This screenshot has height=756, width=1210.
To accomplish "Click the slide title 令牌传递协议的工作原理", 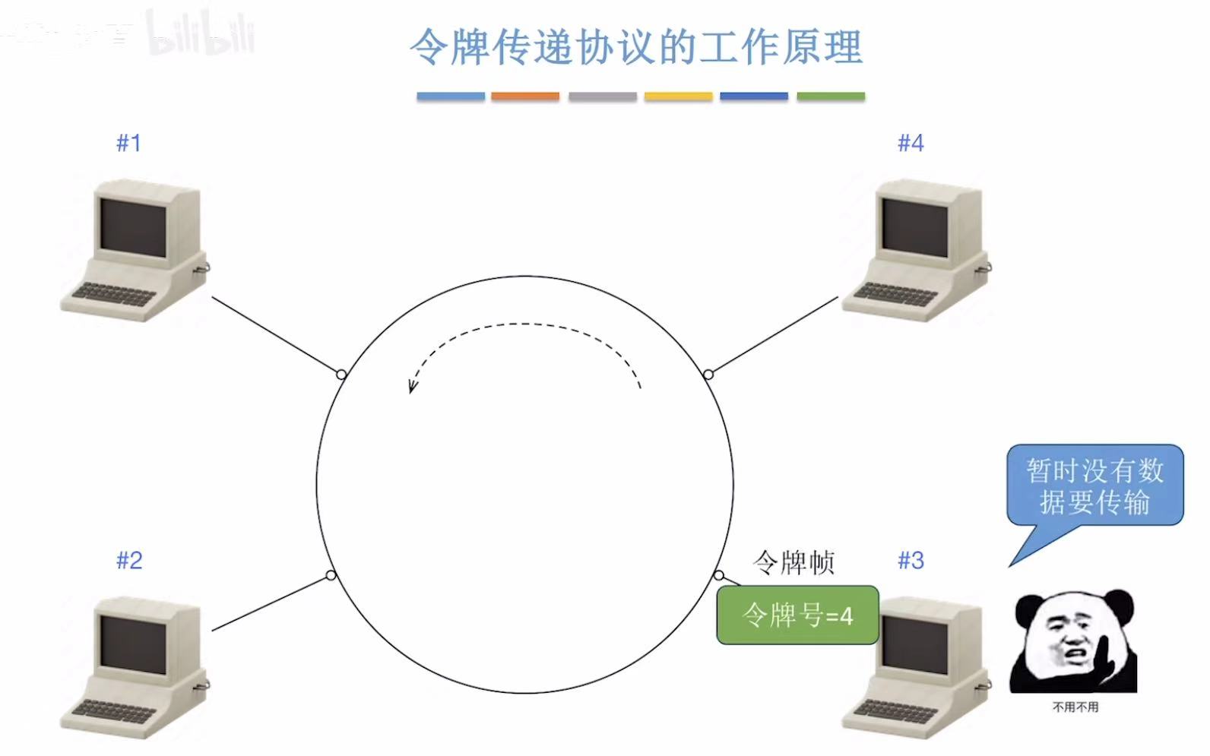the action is click(636, 47).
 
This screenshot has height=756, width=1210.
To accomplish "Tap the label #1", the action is click(128, 143).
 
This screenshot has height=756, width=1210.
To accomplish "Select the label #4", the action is click(910, 143).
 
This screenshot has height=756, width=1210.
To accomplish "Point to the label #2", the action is click(128, 561).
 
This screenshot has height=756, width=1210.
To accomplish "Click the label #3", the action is click(910, 561).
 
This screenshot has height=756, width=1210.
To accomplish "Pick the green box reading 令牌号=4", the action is click(797, 615).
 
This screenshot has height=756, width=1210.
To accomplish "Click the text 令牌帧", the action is click(793, 563).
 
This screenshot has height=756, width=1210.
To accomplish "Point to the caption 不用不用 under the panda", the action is click(1075, 707).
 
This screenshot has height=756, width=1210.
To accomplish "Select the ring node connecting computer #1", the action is click(341, 374).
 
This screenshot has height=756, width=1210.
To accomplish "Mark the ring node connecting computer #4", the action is click(708, 374).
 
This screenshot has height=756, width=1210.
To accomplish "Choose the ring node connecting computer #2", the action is click(331, 575).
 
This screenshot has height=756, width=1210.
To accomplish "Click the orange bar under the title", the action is click(525, 96).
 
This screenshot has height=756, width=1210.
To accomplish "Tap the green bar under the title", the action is click(831, 96).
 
